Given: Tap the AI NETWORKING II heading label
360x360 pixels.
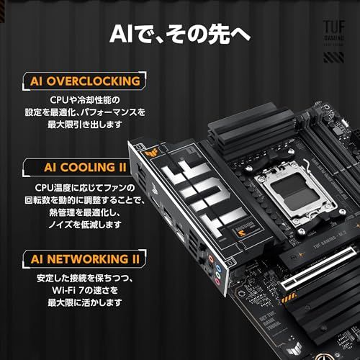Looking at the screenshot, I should coord(84,257).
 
